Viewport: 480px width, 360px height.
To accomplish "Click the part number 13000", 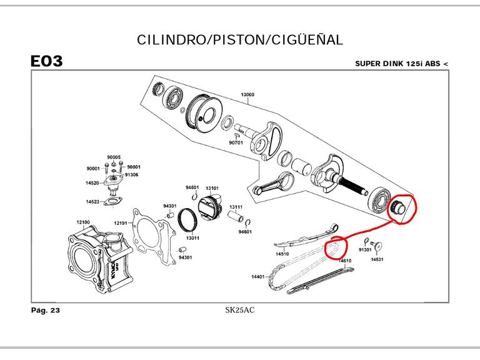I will (247, 95).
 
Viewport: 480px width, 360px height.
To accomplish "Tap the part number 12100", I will (83, 222).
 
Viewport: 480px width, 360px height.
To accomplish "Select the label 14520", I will (92, 183).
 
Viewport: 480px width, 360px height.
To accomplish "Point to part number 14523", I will (92, 202).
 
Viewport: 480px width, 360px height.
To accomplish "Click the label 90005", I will (114, 157).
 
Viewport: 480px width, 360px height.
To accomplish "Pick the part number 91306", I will (132, 175).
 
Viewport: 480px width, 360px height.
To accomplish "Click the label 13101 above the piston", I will (212, 187).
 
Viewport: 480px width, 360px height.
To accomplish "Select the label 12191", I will (121, 223).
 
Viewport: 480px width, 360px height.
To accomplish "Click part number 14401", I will (259, 276).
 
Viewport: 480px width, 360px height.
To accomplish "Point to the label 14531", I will (377, 259).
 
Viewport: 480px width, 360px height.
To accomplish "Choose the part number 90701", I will (236, 142).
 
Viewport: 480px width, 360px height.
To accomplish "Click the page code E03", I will (46, 62).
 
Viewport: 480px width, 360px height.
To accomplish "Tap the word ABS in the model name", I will (433, 64).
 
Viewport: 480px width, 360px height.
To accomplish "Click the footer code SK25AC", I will (240, 310).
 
